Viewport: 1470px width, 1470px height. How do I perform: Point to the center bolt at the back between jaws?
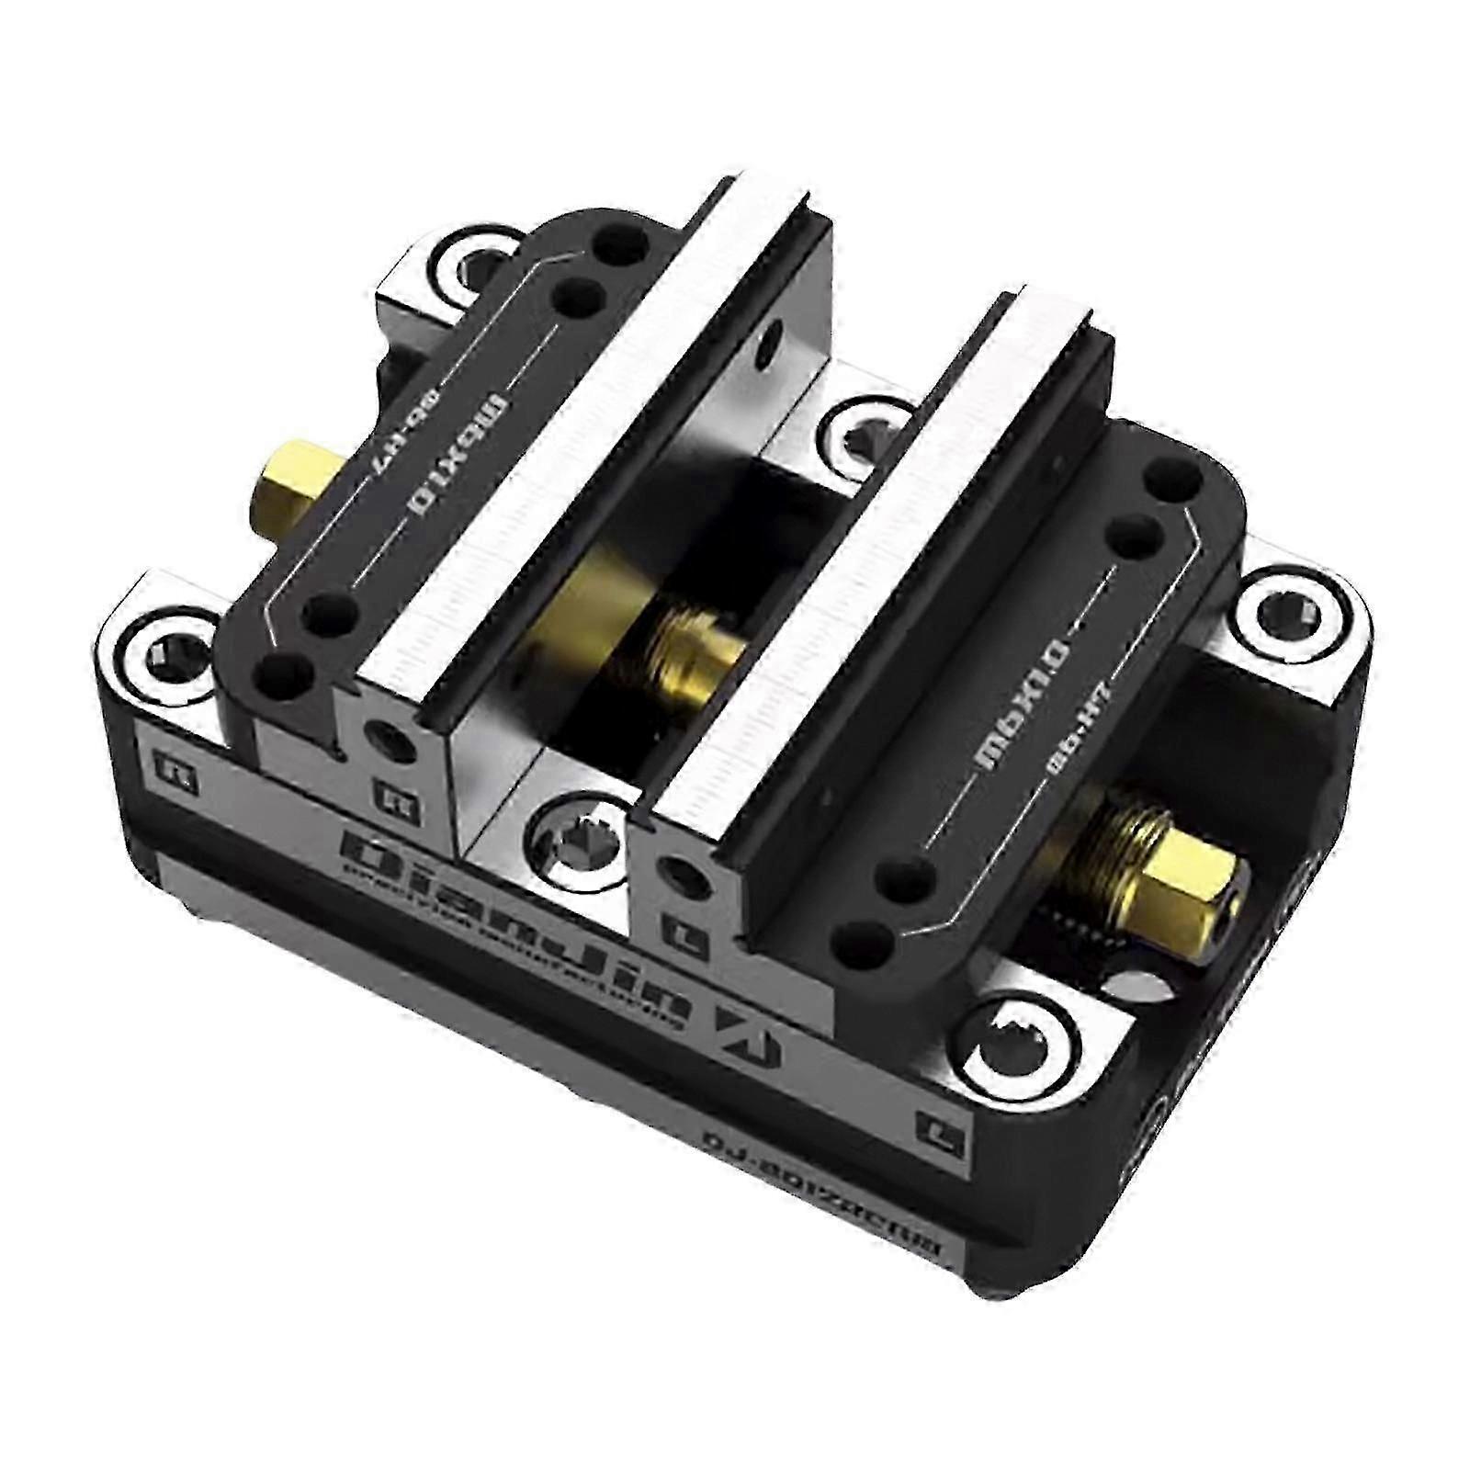(x=859, y=423)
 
